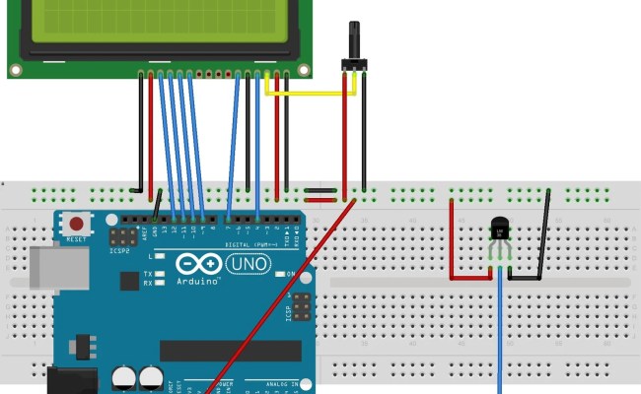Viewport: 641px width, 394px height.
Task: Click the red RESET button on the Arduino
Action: [x=73, y=223]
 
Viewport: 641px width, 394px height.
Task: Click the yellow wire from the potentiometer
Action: [x=306, y=95]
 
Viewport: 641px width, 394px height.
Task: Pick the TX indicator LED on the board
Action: [x=159, y=273]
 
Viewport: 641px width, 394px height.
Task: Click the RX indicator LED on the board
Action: [x=159, y=283]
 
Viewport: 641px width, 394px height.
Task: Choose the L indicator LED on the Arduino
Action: [x=159, y=255]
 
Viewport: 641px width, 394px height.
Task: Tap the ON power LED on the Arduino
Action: [x=281, y=273]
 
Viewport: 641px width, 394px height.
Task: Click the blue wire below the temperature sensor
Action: [x=501, y=335]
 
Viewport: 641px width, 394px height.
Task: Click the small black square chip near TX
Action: [x=129, y=281]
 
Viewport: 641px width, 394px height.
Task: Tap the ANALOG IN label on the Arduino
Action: [x=287, y=383]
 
